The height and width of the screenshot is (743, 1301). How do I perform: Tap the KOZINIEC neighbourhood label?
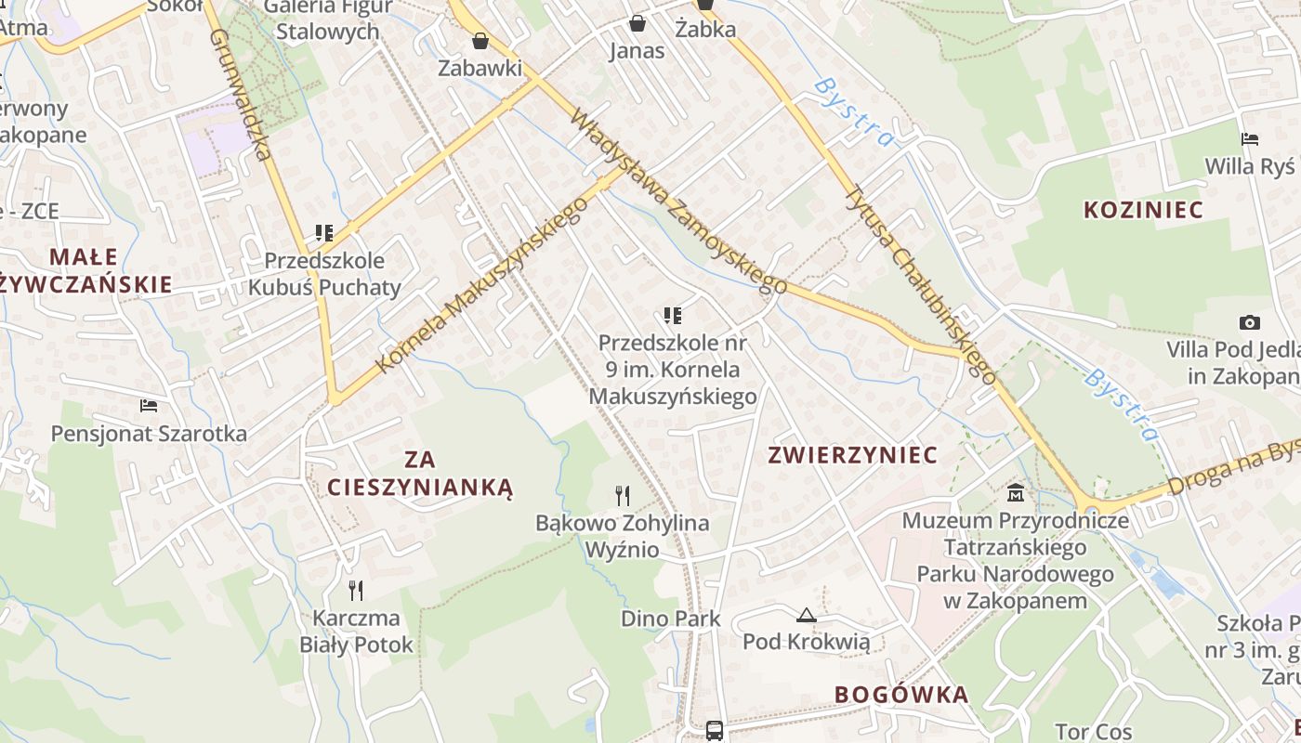click(x=1143, y=210)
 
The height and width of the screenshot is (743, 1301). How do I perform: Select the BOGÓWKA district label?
click(x=900, y=695)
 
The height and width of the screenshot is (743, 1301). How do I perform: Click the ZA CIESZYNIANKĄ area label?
click(x=420, y=473)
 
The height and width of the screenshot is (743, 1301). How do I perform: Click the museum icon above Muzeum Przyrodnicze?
click(x=1015, y=492)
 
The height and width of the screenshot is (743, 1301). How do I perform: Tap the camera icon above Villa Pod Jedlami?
click(x=1250, y=322)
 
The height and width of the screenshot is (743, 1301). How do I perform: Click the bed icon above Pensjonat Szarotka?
click(x=149, y=406)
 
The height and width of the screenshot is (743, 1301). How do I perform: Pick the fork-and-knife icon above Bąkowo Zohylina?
click(x=623, y=495)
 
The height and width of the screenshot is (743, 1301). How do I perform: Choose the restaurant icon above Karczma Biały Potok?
click(x=356, y=590)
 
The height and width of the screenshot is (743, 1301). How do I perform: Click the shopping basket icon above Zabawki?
click(x=480, y=41)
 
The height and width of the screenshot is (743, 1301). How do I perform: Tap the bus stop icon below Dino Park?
click(x=715, y=730)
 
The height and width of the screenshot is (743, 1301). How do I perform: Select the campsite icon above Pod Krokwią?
click(x=806, y=614)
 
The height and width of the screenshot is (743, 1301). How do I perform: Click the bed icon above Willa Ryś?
click(x=1250, y=139)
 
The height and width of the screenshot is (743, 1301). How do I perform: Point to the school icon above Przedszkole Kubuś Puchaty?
click(x=323, y=232)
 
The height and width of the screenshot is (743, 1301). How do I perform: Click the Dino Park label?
click(x=671, y=619)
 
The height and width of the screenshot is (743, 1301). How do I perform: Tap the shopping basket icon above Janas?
click(x=637, y=22)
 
